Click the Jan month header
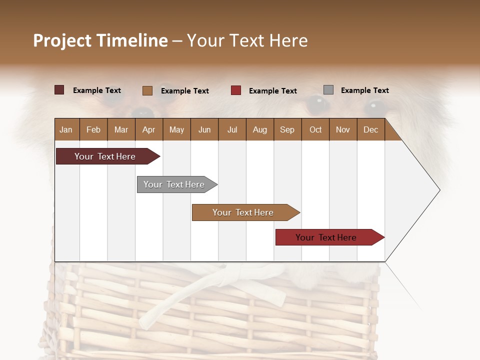click(66, 129)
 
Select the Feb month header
click(93, 129)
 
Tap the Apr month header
click(148, 129)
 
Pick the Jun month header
click(204, 129)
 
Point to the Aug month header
click(259, 129)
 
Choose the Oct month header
click(315, 129)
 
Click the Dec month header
click(370, 129)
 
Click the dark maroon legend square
click(59, 90)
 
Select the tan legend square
click(147, 90)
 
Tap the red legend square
click(236, 90)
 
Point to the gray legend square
click(328, 90)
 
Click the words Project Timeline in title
click(100, 40)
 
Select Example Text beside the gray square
click(364, 90)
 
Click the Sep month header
click(287, 129)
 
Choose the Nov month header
click(342, 129)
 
